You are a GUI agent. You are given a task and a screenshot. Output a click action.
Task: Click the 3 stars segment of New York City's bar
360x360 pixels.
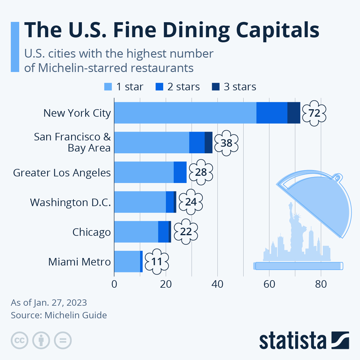click(x=294, y=113)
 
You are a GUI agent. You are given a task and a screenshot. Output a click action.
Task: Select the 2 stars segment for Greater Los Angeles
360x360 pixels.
click(x=180, y=172)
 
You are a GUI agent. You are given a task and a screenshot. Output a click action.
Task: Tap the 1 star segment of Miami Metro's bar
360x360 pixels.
click(x=127, y=261)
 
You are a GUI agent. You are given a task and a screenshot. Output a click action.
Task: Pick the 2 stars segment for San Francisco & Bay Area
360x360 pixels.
click(x=197, y=142)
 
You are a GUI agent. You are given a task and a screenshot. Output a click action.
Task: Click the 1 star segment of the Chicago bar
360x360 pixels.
click(x=136, y=232)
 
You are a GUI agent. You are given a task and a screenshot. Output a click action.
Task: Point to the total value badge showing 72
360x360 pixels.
click(x=314, y=113)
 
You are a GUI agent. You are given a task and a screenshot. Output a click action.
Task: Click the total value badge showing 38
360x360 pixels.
click(x=226, y=143)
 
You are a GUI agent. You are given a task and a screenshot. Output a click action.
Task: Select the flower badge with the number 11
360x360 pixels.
click(x=157, y=262)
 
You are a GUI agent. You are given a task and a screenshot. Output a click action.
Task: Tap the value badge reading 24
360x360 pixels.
click(x=191, y=202)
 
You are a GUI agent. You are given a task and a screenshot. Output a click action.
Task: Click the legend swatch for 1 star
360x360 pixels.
click(x=108, y=87)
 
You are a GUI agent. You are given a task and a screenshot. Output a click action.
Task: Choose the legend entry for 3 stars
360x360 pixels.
click(x=234, y=87)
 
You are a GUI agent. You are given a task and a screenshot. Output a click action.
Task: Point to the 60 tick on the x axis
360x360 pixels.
click(x=269, y=284)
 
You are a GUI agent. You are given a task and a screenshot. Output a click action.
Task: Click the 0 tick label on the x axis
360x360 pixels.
click(x=114, y=284)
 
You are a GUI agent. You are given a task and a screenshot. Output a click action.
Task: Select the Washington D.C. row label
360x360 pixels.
click(x=70, y=202)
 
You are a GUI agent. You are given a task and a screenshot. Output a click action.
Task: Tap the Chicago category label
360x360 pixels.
click(x=91, y=232)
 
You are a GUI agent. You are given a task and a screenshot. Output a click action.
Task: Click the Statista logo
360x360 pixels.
click(x=304, y=340)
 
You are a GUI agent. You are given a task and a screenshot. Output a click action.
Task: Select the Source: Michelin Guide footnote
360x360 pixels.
click(x=59, y=315)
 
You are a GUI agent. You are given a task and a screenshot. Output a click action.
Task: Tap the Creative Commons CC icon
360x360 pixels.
click(x=19, y=340)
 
